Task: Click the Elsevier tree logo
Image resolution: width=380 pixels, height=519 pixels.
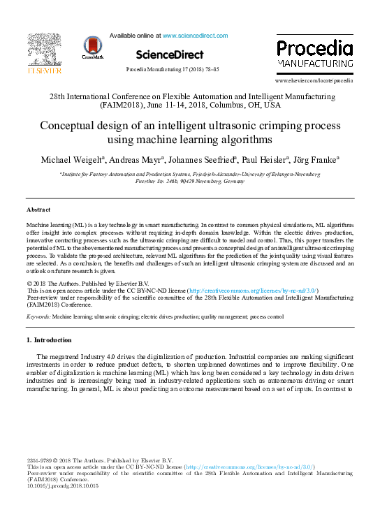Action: [x=44, y=50]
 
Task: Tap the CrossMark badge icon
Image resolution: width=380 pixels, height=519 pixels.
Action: [x=92, y=47]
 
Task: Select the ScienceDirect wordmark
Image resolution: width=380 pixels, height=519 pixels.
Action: [x=170, y=54]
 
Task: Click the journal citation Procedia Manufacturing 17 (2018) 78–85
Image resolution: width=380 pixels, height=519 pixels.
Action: [x=172, y=70]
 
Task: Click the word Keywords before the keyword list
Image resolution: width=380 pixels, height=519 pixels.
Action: [x=38, y=316]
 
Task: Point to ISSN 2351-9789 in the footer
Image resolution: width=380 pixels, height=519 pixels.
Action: [x=38, y=461]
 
